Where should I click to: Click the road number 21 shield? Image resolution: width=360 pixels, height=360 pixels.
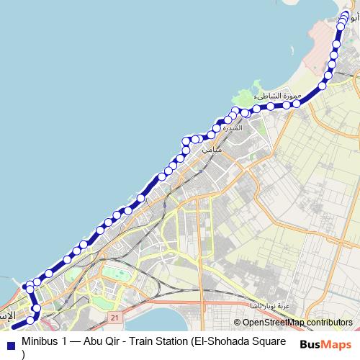pos(114,317)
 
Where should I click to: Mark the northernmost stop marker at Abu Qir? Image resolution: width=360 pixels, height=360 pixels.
pos(345,14)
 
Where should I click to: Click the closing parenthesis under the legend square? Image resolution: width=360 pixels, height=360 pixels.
pos(24,354)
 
